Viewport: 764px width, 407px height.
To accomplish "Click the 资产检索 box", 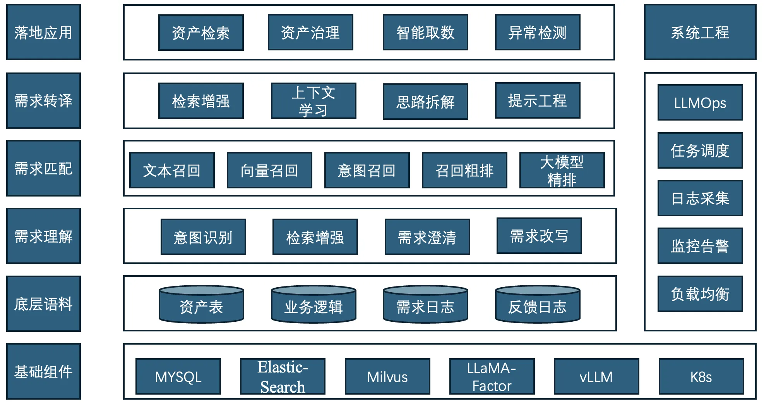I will point(201,33).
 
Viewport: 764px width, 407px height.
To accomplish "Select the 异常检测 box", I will point(537,33).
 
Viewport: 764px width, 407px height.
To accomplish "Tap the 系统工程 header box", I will point(700,32).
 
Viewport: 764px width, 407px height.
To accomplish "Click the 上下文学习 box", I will point(313,101).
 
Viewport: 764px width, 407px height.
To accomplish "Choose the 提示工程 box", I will point(537,100).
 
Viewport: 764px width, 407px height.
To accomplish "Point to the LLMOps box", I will point(700,103).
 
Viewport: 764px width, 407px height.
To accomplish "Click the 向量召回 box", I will point(269,170).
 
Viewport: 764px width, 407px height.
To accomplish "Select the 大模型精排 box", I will point(562,170).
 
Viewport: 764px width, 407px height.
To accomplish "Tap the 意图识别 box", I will point(203,237).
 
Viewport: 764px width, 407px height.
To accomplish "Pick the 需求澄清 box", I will point(427,237).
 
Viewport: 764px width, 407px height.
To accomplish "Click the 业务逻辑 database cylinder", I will point(313,305).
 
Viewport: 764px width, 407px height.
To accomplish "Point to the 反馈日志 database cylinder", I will point(537,305).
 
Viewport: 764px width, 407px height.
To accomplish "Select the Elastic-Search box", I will point(283,376).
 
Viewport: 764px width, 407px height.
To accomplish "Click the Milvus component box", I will point(387,376).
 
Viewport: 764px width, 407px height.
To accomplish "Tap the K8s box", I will point(701,376).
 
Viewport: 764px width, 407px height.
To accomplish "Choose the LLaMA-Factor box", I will point(492,376).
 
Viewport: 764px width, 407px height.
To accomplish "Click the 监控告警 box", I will point(700,246).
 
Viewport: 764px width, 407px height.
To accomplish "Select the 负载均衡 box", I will point(700,294).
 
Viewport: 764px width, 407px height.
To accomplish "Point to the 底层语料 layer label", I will point(43,304).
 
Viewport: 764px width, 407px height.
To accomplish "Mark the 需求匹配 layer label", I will point(43,168).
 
